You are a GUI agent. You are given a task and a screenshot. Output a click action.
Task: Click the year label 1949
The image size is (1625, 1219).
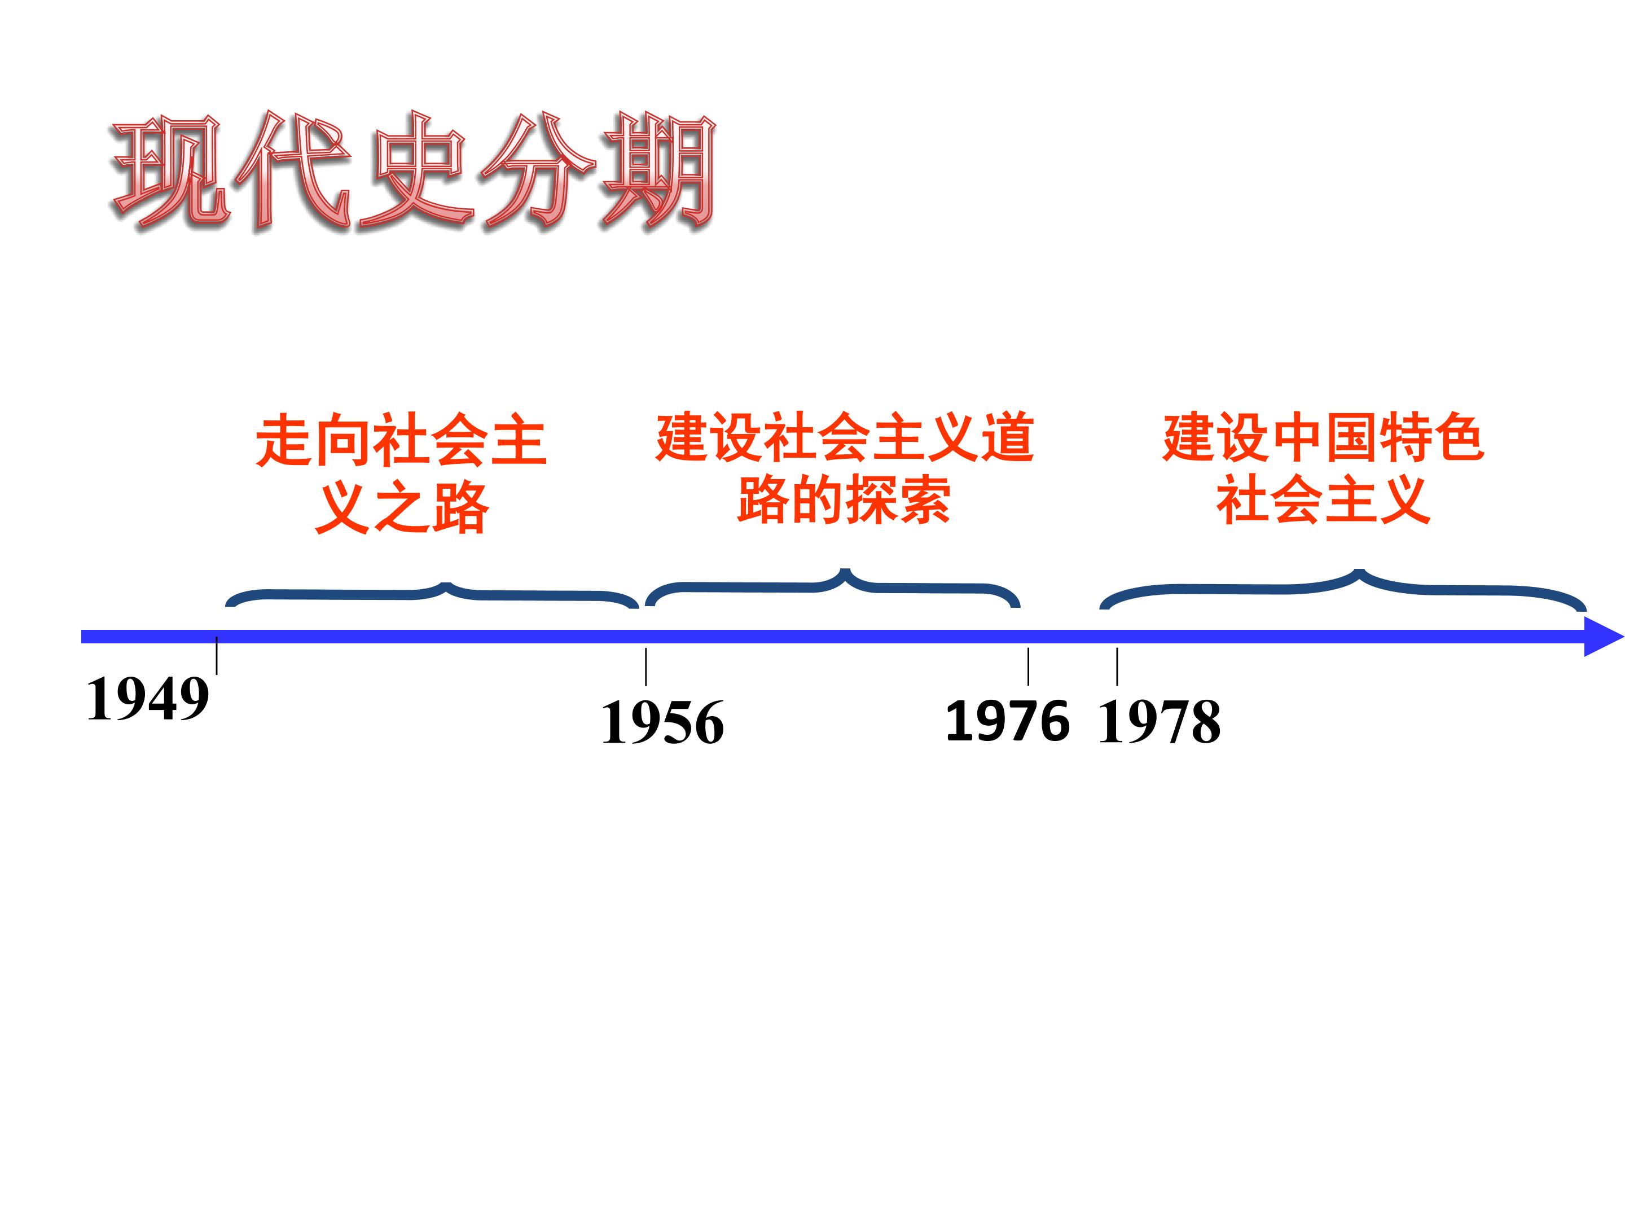[x=148, y=698]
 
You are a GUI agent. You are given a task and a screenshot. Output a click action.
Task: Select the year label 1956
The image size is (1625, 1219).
[x=662, y=722]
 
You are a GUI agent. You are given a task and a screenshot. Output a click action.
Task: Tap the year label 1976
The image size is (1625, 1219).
[x=1007, y=720]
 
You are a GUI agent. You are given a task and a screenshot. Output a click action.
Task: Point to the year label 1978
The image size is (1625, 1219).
[x=1160, y=722]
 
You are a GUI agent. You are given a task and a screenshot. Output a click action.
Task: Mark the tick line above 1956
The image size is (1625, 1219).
[x=645, y=666]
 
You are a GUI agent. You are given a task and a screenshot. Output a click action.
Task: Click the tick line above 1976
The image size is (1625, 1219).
[x=1027, y=666]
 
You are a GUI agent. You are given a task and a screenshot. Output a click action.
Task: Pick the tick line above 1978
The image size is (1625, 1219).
[x=1117, y=666]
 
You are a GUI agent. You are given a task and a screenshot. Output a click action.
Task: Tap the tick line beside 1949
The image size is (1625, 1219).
[x=217, y=655]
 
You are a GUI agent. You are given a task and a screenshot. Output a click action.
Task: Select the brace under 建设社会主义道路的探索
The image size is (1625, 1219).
[x=832, y=587]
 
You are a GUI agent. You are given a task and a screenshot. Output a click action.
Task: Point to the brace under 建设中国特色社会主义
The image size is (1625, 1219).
[x=1343, y=589]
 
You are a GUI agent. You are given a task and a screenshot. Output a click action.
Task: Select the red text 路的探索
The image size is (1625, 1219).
[x=844, y=499]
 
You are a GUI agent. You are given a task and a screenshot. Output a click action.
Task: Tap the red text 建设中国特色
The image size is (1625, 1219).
[x=1324, y=438]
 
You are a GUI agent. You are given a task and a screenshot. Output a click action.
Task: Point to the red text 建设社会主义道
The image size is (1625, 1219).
[x=845, y=438]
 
